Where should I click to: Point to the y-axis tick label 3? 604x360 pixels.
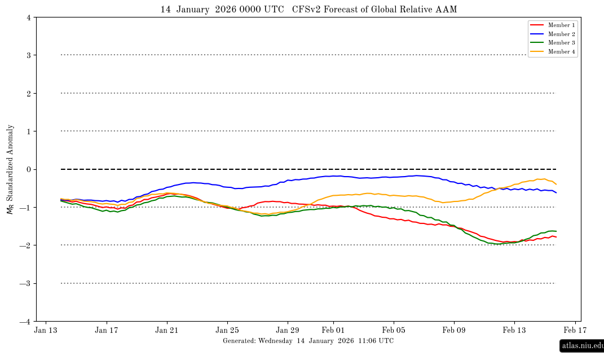[x=28, y=55]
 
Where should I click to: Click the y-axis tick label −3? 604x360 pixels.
[x=26, y=283]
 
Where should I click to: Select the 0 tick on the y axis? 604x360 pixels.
[x=28, y=169]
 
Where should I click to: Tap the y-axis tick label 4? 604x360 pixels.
[x=28, y=17]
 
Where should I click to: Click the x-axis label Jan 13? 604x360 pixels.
[x=46, y=331]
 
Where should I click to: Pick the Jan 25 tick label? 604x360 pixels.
[x=227, y=331]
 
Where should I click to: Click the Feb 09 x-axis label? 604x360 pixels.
[x=454, y=331]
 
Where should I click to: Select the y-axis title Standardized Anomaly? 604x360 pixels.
[x=10, y=169]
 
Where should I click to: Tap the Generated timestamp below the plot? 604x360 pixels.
[x=308, y=341]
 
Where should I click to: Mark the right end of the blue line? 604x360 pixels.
[x=556, y=193]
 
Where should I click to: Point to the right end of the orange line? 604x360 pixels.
[x=556, y=184]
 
